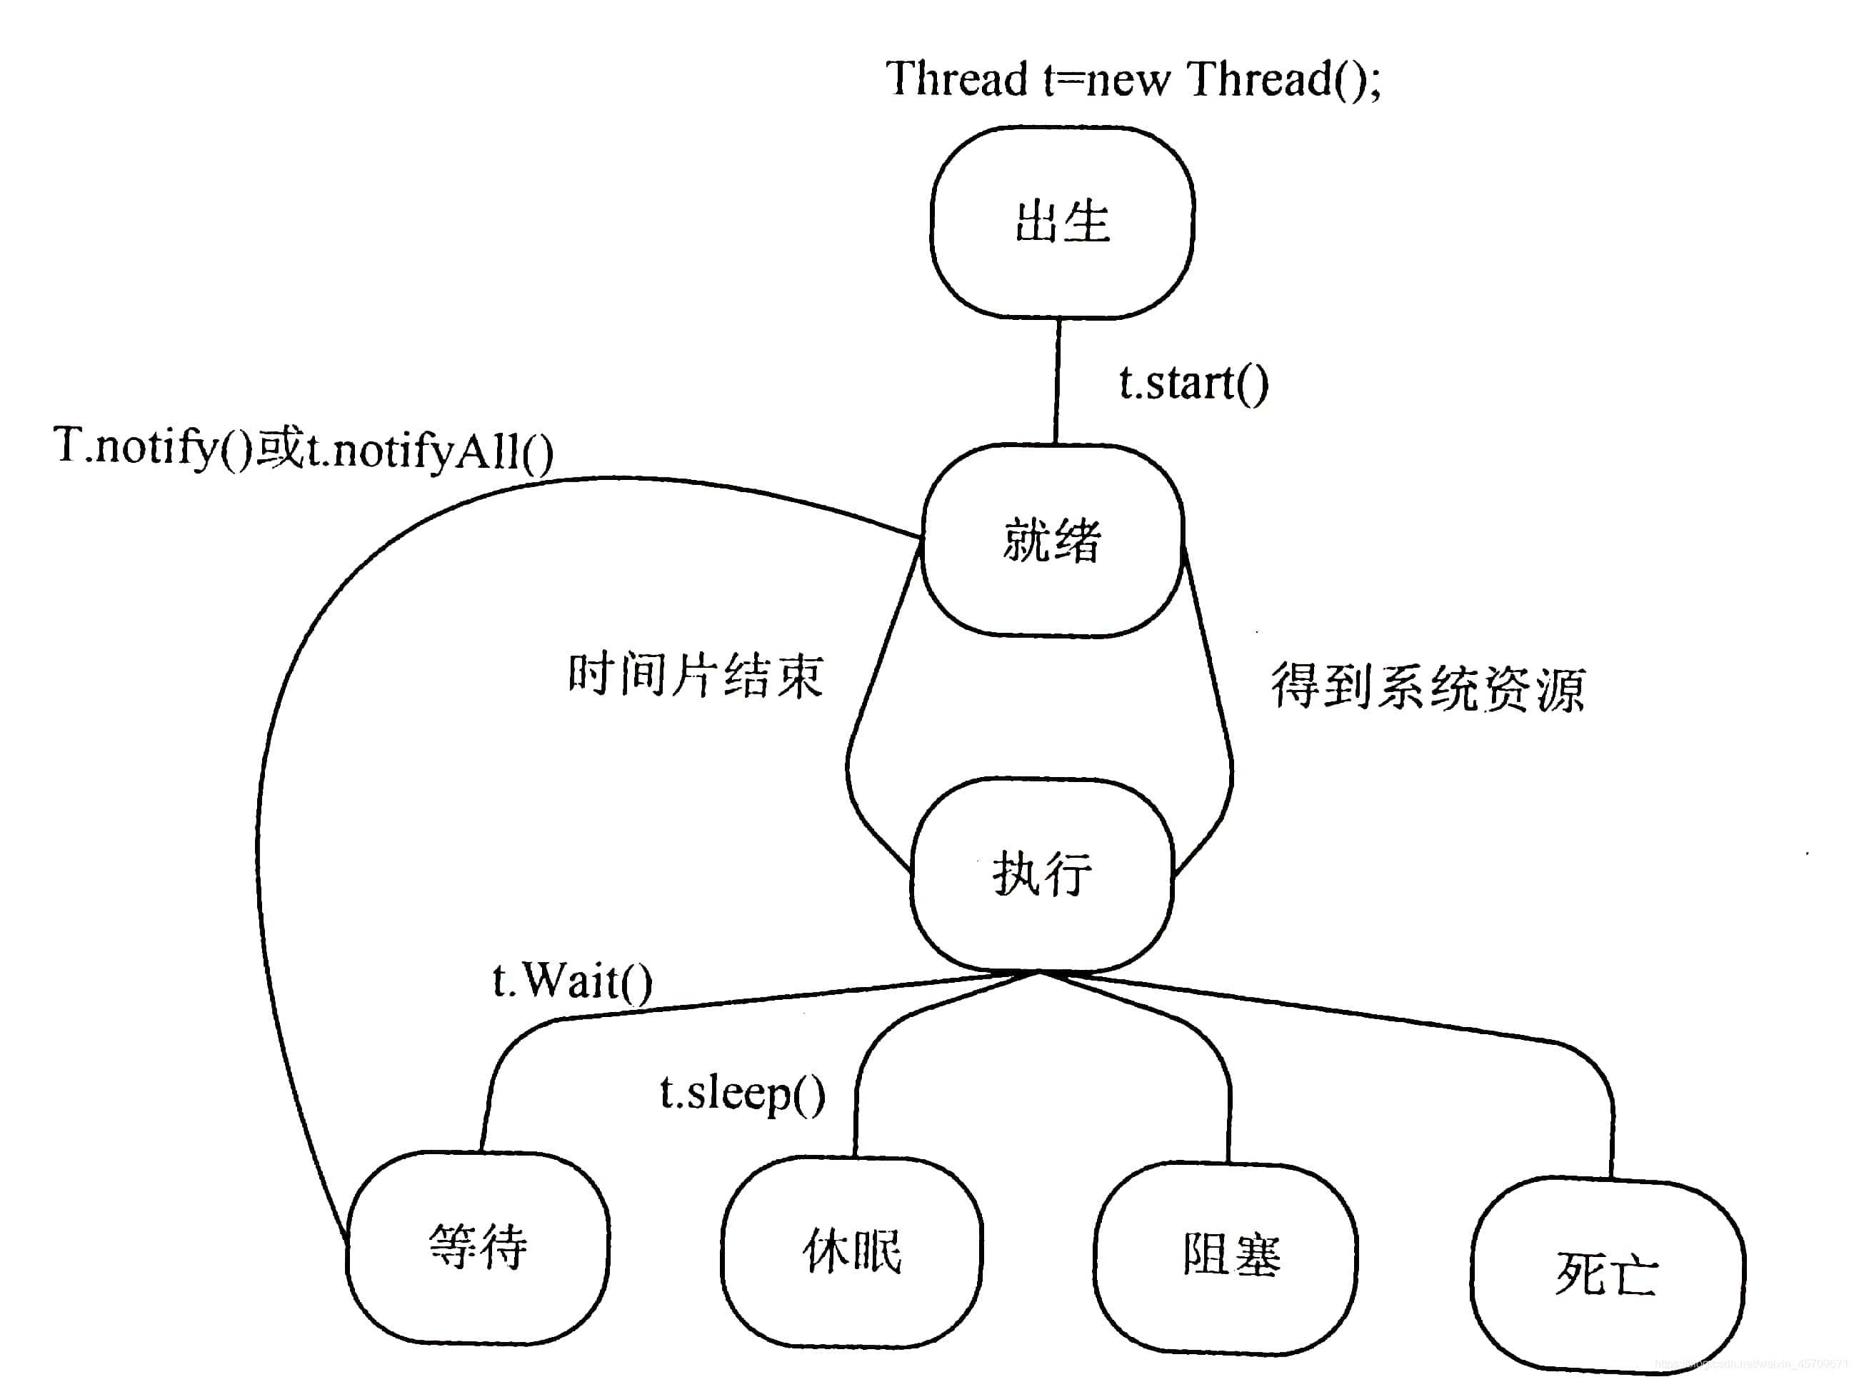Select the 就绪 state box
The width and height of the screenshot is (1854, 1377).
coord(1053,540)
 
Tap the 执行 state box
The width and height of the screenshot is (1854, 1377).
coord(1041,874)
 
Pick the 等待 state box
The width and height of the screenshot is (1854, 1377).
coord(478,1247)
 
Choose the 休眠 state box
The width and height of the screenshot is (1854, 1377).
coord(851,1251)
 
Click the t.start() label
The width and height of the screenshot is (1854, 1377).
coord(1193,384)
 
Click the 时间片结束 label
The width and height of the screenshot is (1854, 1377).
coord(695,674)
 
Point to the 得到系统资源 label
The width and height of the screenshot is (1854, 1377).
coord(1426,688)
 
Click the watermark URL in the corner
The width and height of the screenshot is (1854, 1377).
coord(1750,1364)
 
